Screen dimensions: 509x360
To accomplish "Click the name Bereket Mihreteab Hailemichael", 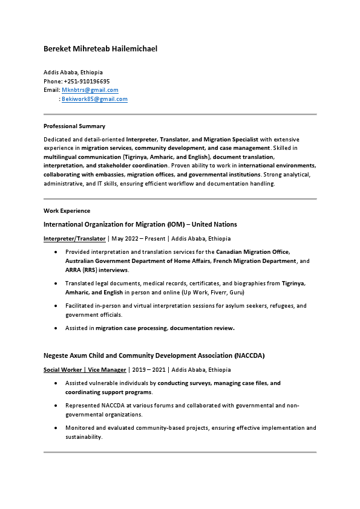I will (100, 48).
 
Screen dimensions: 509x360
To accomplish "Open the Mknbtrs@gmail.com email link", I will (90, 90).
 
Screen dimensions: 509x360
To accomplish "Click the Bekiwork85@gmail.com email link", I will (94, 99).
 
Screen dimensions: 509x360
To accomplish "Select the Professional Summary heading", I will (74, 126).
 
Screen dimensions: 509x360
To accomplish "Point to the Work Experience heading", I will (67, 211).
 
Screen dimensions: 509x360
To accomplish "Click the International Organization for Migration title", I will (140, 224).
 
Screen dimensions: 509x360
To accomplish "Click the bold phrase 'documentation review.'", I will (202, 328).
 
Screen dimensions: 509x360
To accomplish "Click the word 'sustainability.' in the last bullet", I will (83, 436).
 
